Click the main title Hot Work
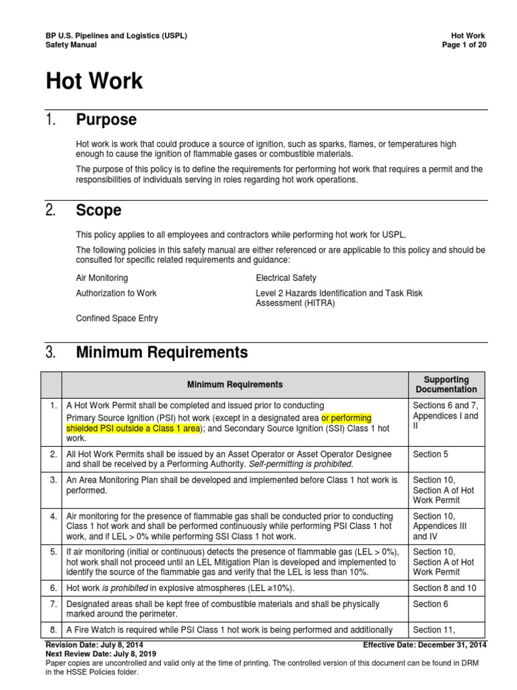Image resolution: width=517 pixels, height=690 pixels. [94, 82]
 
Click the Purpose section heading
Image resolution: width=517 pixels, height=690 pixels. [106, 120]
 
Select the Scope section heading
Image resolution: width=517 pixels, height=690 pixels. [99, 210]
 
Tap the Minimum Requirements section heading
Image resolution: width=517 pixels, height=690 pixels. [162, 352]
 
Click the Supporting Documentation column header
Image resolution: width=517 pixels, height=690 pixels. [446, 384]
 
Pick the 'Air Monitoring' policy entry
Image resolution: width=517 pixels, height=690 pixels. [102, 278]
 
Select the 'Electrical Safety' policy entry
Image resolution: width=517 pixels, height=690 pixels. [285, 278]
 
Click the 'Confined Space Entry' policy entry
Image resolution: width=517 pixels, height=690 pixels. [117, 318]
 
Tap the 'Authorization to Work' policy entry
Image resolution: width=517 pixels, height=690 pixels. [116, 294]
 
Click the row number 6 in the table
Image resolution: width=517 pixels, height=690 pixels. [52, 588]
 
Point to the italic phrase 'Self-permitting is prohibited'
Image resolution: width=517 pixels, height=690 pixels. [300, 464]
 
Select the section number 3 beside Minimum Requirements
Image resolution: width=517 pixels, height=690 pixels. [50, 352]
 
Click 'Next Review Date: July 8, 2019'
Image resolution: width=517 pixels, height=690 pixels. [103, 654]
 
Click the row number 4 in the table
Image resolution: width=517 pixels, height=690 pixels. [52, 516]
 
